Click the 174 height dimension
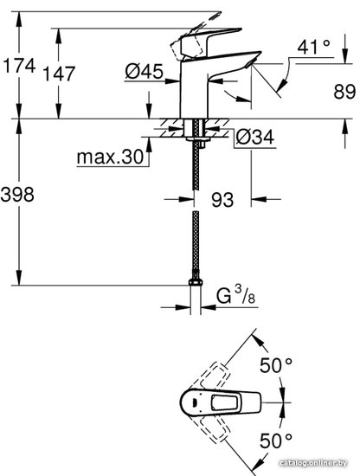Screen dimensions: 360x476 click(19, 66)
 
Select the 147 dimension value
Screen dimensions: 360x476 click(59, 74)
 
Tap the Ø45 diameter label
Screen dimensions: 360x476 click(144, 72)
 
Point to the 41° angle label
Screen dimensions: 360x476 click(313, 48)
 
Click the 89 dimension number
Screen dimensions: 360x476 click(344, 92)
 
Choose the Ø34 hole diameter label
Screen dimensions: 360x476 click(255, 138)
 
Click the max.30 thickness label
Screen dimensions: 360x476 click(110, 157)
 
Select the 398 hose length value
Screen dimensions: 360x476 click(17, 194)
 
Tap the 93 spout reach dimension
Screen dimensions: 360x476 click(222, 200)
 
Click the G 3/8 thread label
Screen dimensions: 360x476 click(236, 295)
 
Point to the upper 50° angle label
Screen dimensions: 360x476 click(276, 365)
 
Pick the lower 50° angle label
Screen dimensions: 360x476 click(276, 441)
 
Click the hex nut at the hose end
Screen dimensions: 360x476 click(196, 283)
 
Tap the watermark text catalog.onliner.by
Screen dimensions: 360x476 click(313, 463)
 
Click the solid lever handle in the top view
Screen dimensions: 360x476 click(221, 402)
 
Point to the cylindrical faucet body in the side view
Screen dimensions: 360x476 click(194, 89)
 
